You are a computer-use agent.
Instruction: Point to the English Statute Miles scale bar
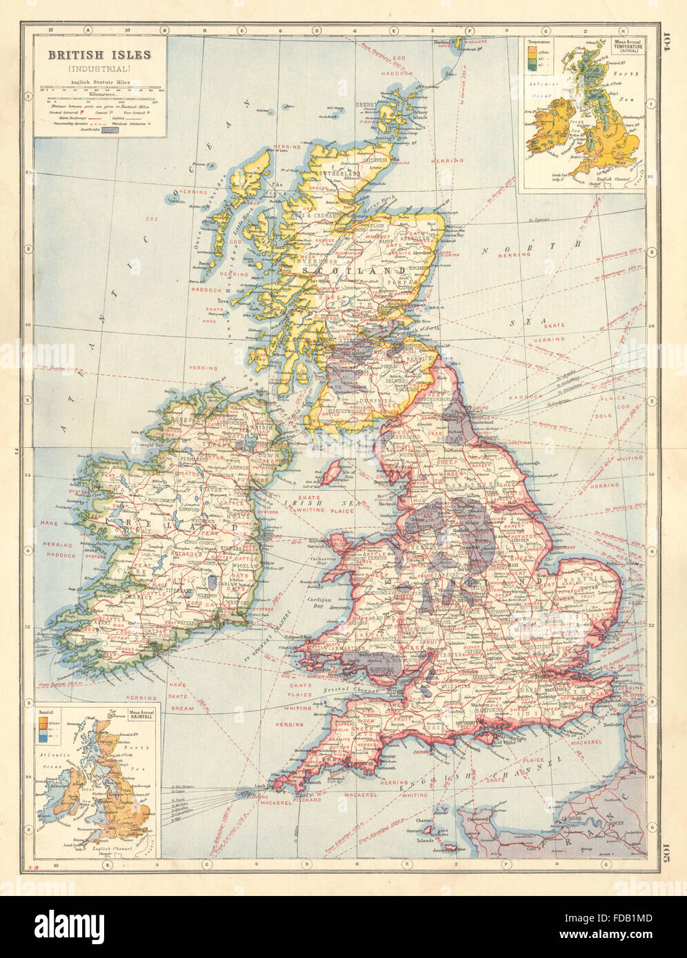[101, 89]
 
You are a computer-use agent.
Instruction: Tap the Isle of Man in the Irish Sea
[332, 473]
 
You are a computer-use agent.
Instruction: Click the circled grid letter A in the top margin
[89, 30]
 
